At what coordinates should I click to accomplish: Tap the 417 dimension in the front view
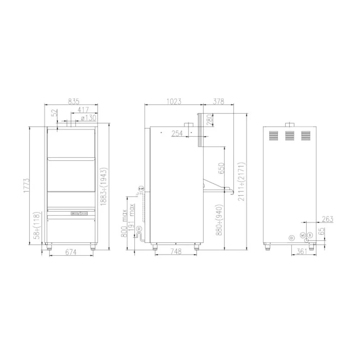pos(83,109)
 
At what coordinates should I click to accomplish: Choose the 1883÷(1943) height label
pos(103,186)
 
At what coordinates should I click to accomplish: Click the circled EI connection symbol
pos(292,237)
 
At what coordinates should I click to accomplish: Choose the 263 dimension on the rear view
pos(327,219)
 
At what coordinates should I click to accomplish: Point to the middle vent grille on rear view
pos(289,135)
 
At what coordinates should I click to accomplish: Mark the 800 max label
pos(124,224)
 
